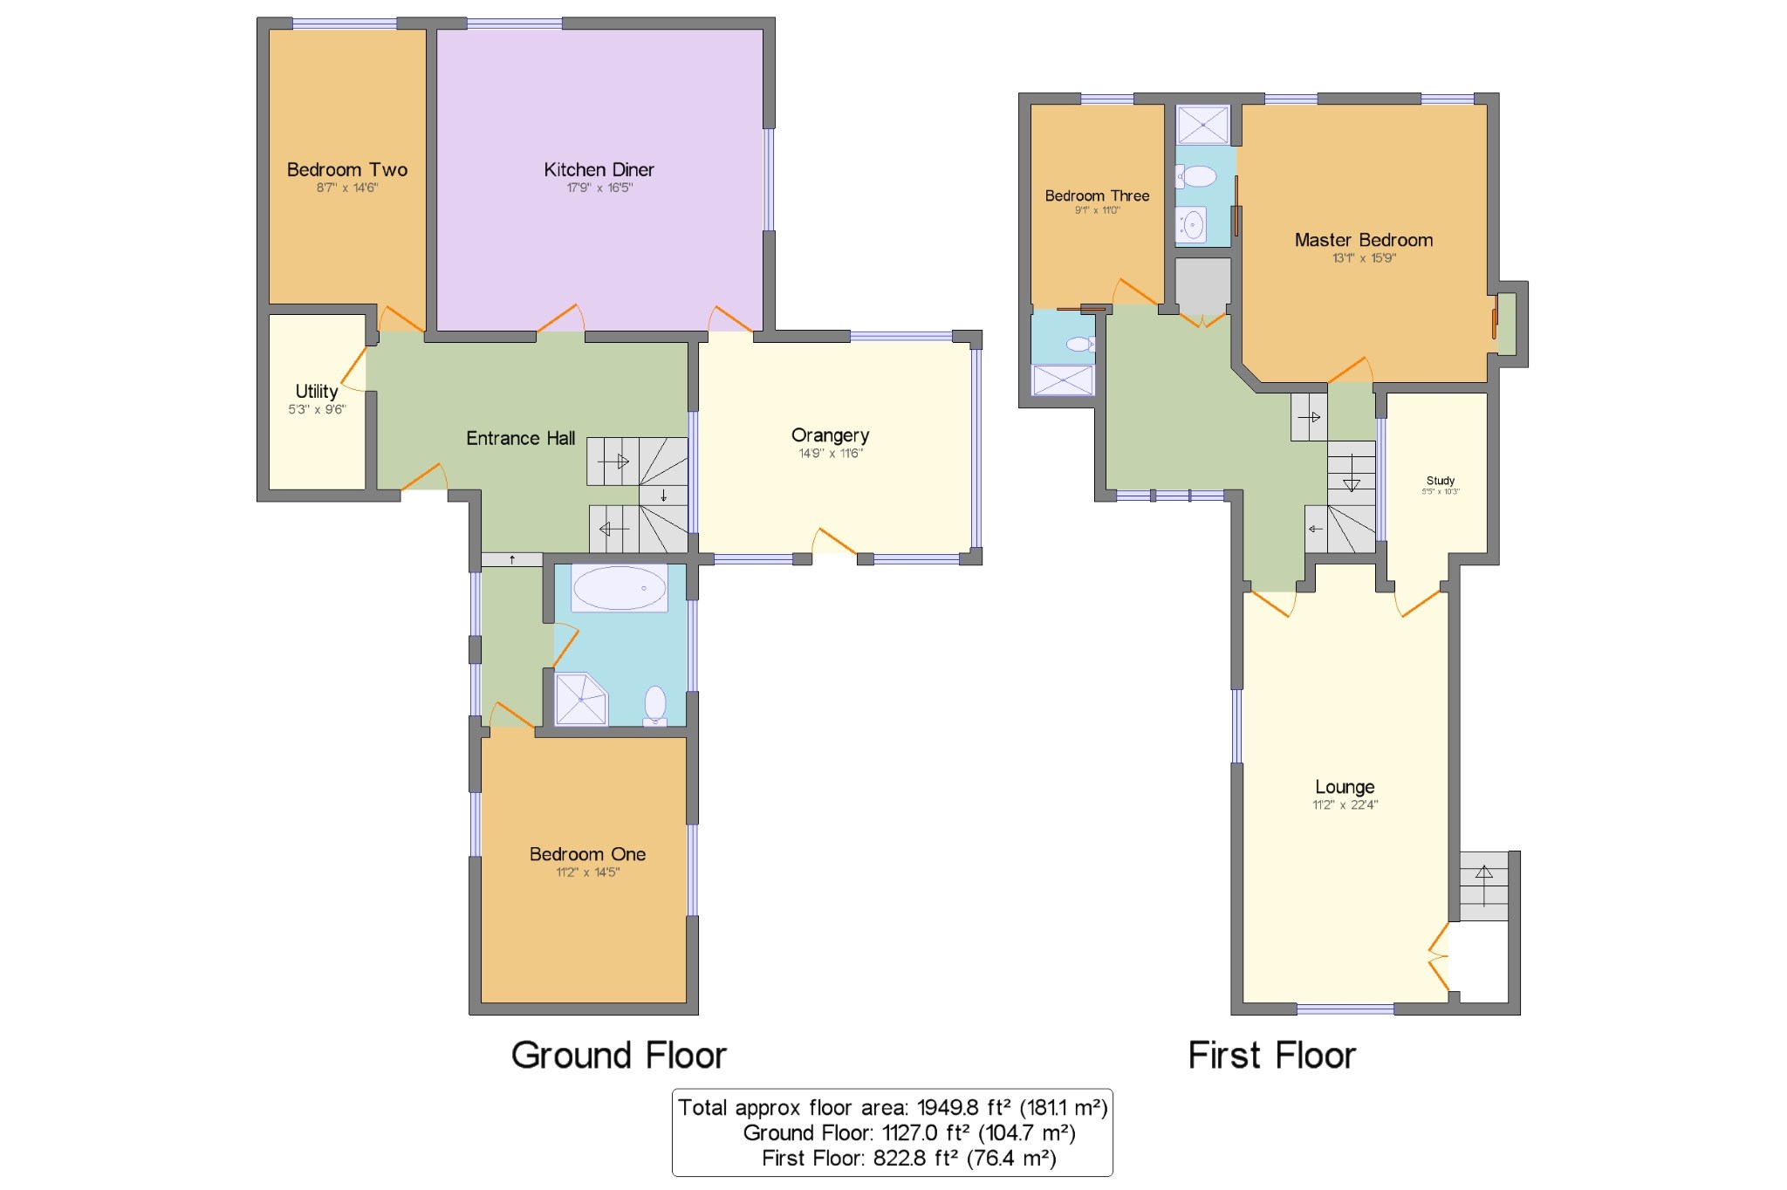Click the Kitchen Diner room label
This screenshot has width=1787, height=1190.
click(x=599, y=169)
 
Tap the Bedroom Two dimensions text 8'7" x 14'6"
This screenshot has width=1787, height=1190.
click(x=347, y=188)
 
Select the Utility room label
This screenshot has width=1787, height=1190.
click(x=316, y=391)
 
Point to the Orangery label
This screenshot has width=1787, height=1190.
click(x=830, y=435)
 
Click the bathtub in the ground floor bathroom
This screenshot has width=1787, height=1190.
click(x=620, y=587)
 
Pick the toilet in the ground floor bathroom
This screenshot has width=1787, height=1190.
click(x=655, y=705)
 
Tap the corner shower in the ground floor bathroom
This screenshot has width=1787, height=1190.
click(x=581, y=698)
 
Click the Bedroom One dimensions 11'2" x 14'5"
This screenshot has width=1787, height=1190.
click(x=588, y=872)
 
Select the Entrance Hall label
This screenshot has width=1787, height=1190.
click(x=521, y=438)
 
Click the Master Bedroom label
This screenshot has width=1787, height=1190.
click(x=1364, y=240)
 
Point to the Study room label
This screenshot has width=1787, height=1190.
click(x=1441, y=481)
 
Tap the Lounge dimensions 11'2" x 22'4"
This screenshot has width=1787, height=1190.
click(x=1345, y=804)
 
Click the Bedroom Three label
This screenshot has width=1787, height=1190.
click(x=1098, y=195)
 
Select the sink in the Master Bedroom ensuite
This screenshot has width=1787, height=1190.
click(x=1192, y=225)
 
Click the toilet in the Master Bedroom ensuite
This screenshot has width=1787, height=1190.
click(x=1196, y=176)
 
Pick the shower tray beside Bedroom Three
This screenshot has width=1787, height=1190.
click(x=1063, y=380)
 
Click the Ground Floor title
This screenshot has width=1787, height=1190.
click(x=619, y=1055)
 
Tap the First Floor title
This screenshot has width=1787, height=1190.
click(x=1272, y=1055)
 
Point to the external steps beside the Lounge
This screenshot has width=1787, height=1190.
click(x=1484, y=886)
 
